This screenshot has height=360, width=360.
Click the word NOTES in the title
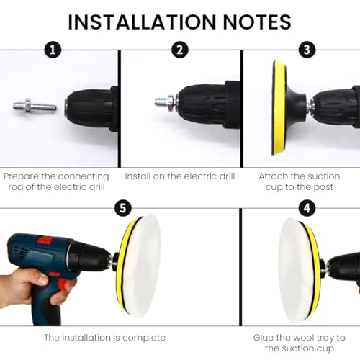pyautogui.click(x=257, y=22)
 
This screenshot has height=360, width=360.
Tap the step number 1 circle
pyautogui.click(x=53, y=50)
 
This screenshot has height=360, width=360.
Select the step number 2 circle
pyautogui.click(x=180, y=50)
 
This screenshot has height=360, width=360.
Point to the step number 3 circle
pyautogui.click(x=307, y=50)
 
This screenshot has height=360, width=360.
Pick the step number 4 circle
pyautogui.click(x=307, y=208)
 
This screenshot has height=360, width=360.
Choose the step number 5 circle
pyautogui.click(x=123, y=208)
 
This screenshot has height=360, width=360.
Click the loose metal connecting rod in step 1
pyautogui.click(x=35, y=106)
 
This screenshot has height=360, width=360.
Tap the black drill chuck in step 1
pyautogui.click(x=92, y=109)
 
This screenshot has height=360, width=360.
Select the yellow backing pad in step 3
pyautogui.click(x=279, y=108)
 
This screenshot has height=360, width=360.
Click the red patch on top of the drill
pyautogui.click(x=45, y=240)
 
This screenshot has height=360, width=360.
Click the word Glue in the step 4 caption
pyautogui.click(x=263, y=338)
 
